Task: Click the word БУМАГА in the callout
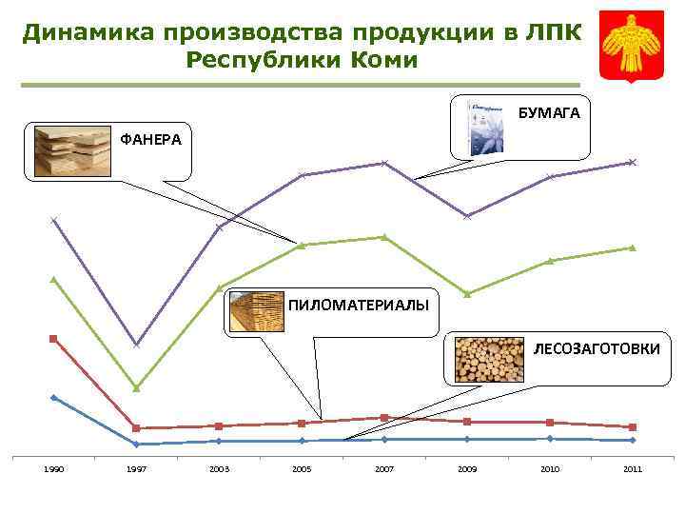click(x=548, y=113)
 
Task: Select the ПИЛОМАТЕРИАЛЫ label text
click(x=358, y=305)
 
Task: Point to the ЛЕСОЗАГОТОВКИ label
click(x=596, y=349)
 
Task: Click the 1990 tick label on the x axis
click(x=54, y=469)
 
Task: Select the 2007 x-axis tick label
click(x=384, y=469)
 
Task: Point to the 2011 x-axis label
click(x=632, y=469)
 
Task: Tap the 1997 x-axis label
click(x=136, y=469)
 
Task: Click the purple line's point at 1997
click(x=136, y=345)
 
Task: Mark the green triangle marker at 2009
click(x=467, y=293)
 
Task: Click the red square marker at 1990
click(x=54, y=339)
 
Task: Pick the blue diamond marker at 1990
click(x=54, y=398)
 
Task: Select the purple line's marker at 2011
click(x=632, y=163)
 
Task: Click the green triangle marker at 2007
click(x=384, y=237)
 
